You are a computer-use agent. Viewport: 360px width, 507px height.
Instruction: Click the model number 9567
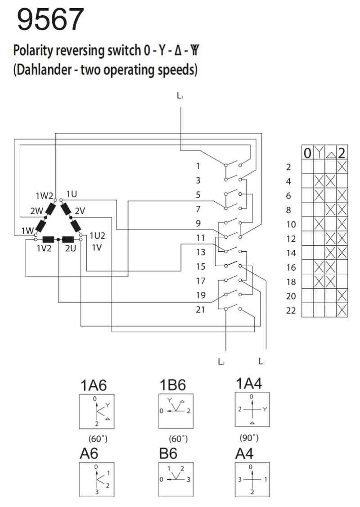pyautogui.click(x=50, y=20)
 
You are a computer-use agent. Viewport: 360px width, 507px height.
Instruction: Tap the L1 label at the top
pyautogui.click(x=180, y=96)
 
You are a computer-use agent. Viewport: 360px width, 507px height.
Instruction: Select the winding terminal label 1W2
pyautogui.click(x=44, y=195)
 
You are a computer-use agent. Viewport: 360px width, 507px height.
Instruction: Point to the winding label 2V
pyautogui.click(x=80, y=210)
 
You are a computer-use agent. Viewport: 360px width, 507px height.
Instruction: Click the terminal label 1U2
pyautogui.click(x=97, y=235)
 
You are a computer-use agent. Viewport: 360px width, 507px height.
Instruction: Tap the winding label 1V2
pyautogui.click(x=47, y=248)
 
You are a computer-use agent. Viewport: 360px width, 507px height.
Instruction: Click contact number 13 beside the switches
pyautogui.click(x=201, y=252)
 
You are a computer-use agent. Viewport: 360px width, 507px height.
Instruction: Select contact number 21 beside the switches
pyautogui.click(x=201, y=310)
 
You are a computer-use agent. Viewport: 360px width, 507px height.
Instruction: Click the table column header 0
pyautogui.click(x=307, y=154)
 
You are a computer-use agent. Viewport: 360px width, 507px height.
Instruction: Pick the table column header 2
pyautogui.click(x=342, y=153)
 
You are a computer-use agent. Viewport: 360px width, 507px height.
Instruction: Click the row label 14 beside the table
pyautogui.click(x=291, y=253)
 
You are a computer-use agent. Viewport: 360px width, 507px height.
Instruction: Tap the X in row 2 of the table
pyautogui.click(x=342, y=167)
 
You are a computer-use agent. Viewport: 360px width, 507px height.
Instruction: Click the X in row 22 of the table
pyautogui.click(x=342, y=310)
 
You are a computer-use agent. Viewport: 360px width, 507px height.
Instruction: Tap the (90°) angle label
pyautogui.click(x=249, y=438)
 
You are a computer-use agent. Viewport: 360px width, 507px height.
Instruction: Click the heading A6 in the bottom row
pyautogui.click(x=88, y=455)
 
